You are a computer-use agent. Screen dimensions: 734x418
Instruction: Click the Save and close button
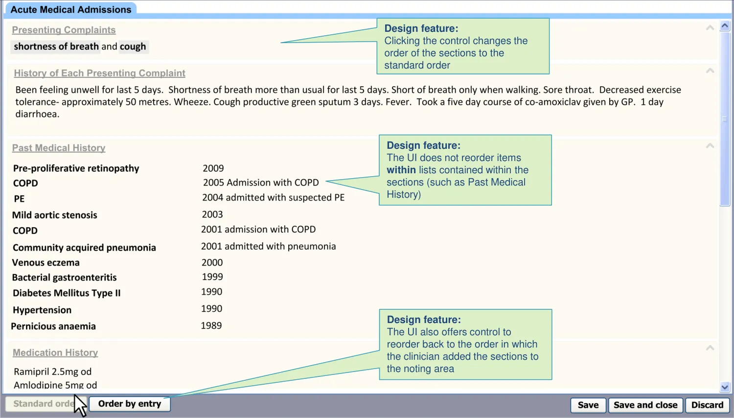(x=645, y=405)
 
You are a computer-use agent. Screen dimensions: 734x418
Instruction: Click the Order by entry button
(x=130, y=404)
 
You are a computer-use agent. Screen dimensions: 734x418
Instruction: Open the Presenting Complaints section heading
(x=64, y=30)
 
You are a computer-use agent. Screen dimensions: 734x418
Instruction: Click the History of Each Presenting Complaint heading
(x=100, y=73)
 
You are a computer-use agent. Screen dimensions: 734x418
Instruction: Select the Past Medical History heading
(x=59, y=148)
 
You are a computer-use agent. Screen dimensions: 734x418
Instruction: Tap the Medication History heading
(x=55, y=352)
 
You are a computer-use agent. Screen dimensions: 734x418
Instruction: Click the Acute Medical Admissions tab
(x=71, y=9)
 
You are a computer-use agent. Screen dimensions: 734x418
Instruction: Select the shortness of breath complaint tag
(x=56, y=46)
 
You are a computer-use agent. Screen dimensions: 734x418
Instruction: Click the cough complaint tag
(x=133, y=46)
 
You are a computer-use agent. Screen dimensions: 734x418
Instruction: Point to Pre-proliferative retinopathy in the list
(x=76, y=168)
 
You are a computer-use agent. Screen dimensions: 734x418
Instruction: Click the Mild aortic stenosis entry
(x=55, y=215)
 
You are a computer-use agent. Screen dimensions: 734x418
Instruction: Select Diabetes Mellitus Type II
(x=67, y=293)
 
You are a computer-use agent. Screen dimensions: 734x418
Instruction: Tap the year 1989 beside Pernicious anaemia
(x=211, y=325)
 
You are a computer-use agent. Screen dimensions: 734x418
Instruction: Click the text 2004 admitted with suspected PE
(x=273, y=198)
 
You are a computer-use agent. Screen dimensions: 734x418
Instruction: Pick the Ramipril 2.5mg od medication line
(x=53, y=372)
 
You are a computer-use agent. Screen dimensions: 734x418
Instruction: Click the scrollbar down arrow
(x=725, y=387)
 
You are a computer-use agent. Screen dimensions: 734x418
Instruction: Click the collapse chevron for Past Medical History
(x=710, y=146)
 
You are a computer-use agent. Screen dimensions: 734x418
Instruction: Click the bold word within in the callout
(x=401, y=170)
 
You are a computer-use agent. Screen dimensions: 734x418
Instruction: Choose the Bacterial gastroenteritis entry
(x=64, y=278)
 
